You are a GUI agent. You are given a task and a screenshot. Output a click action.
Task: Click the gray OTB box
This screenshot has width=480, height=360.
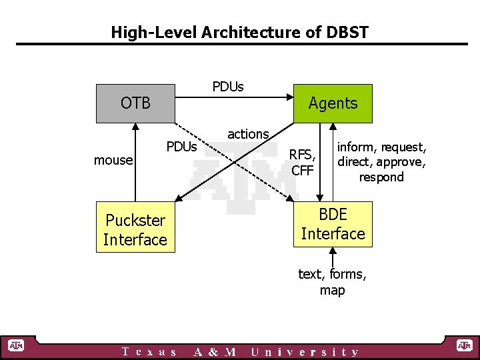click(x=135, y=103)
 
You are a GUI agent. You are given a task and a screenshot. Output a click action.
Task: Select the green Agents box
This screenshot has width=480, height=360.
click(x=333, y=103)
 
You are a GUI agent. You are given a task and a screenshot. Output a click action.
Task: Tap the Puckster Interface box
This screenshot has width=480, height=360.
click(x=135, y=230)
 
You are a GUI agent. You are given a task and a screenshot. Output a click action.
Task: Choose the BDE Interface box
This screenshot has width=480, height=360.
click(x=333, y=225)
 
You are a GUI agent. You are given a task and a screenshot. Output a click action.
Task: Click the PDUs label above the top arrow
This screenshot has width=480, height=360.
click(x=228, y=87)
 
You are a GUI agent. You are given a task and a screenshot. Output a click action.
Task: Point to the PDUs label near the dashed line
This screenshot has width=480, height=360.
click(x=181, y=147)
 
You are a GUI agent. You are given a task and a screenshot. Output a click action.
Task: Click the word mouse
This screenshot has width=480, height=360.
click(x=113, y=160)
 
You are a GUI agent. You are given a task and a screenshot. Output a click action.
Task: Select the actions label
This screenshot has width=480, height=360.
click(x=248, y=134)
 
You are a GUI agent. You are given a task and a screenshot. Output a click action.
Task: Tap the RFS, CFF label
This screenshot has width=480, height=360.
click(x=303, y=162)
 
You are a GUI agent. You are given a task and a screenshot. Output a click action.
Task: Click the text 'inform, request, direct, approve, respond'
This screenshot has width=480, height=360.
click(x=381, y=162)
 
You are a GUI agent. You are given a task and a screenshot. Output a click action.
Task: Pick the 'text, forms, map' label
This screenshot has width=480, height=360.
click(x=332, y=282)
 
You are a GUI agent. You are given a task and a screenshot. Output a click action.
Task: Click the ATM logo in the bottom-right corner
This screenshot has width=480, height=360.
click(x=464, y=345)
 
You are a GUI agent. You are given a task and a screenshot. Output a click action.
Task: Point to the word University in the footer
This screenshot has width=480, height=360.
click(x=305, y=352)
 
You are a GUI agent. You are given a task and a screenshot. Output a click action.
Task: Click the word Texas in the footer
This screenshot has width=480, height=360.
click(x=150, y=352)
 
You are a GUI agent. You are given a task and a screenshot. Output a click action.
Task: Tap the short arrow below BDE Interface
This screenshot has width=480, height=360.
click(x=333, y=257)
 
